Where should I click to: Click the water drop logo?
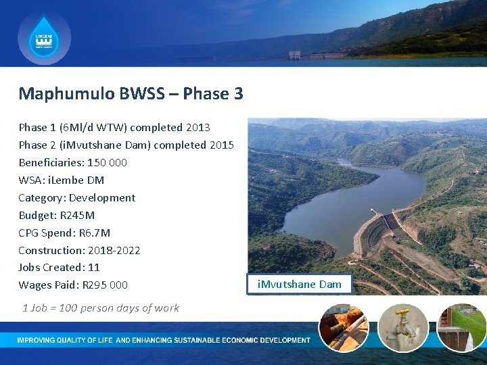[x=44, y=39]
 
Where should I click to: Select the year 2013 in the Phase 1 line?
[x=198, y=127]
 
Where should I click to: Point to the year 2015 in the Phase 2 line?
[x=221, y=145]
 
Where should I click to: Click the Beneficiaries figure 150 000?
[x=107, y=162]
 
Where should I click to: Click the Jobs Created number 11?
[x=94, y=267]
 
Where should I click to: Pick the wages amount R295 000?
[x=105, y=285]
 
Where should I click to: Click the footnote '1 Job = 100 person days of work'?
[x=101, y=308]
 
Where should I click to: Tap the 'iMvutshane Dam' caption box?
[x=300, y=284]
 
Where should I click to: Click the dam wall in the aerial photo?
[x=392, y=222]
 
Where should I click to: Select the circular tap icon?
[x=402, y=327]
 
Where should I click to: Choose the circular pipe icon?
[x=343, y=327]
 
